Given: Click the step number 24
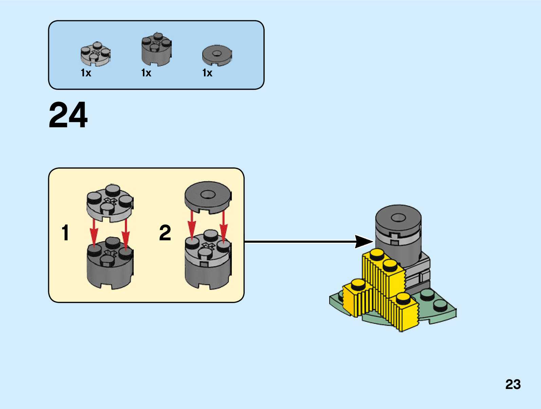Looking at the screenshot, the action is pyautogui.click(x=68, y=115).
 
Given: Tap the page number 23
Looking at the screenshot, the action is pyautogui.click(x=513, y=384).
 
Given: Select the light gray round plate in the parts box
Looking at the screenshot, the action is pyautogui.click(x=96, y=54).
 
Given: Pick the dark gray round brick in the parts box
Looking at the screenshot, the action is pyautogui.click(x=156, y=49).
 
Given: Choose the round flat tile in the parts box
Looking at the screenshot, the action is pyautogui.click(x=217, y=55).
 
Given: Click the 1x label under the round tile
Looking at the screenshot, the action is pyautogui.click(x=207, y=73).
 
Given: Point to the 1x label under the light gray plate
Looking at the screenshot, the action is pyautogui.click(x=86, y=73).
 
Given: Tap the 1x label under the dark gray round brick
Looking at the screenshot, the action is pyautogui.click(x=146, y=73).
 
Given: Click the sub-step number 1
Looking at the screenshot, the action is pyautogui.click(x=65, y=233).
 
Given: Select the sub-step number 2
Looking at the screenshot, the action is pyautogui.click(x=165, y=233).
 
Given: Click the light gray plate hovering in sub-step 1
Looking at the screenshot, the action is pyautogui.click(x=110, y=203).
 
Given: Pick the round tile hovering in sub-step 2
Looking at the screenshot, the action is pyautogui.click(x=208, y=198).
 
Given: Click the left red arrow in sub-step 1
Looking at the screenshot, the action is pyautogui.click(x=94, y=233).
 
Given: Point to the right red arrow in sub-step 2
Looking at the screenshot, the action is pyautogui.click(x=224, y=226).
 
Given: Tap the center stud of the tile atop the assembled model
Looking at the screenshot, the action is pyautogui.click(x=398, y=217).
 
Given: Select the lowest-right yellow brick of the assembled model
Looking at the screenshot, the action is pyautogui.click(x=404, y=312).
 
